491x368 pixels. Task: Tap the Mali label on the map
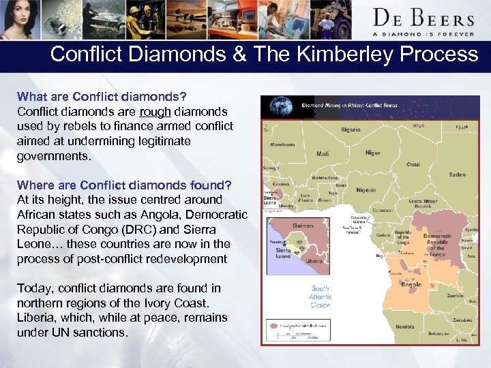323,154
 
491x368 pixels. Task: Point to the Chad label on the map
413,164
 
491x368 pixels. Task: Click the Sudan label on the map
457,175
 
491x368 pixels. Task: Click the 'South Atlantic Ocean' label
321,296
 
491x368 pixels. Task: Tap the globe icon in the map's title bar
280,106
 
